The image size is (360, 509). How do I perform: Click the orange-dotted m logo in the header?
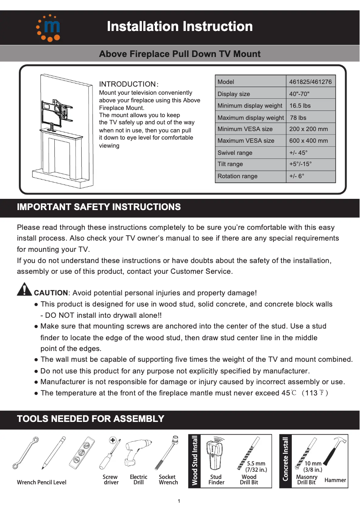coord(48,27)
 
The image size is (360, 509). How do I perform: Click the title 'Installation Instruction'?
coord(180,26)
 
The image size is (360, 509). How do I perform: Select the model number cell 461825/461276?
coord(310,82)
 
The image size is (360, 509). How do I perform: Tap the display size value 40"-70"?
coord(299,94)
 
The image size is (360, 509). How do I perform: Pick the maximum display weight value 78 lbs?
coord(298,118)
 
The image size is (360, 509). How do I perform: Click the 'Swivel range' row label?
coord(235,153)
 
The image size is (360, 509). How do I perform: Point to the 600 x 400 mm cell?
coord(308,141)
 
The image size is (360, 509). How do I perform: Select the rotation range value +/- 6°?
coord(297,176)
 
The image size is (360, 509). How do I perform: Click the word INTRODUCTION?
coord(127,84)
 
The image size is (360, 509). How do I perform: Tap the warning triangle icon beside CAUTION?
coord(24,290)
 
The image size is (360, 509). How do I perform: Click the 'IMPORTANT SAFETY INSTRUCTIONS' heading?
coord(99,207)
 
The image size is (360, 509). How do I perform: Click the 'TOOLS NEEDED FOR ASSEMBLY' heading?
coord(90,419)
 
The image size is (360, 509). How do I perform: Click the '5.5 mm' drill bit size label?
coord(256,464)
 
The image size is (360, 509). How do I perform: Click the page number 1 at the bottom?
coord(179,501)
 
